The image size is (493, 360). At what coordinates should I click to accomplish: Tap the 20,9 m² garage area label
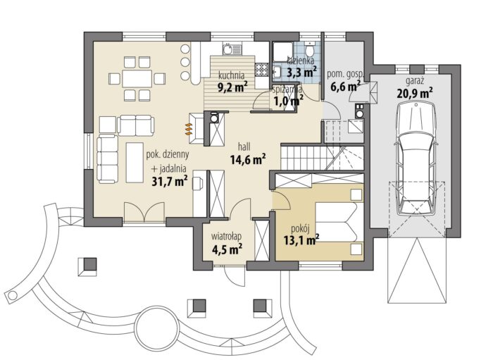[414, 93]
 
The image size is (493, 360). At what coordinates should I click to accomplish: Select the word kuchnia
[232, 75]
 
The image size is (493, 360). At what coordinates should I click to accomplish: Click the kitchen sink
[232, 49]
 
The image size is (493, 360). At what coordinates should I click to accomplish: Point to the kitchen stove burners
[261, 69]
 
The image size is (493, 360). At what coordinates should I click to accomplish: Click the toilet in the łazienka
[310, 50]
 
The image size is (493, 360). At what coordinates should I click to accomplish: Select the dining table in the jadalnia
[137, 79]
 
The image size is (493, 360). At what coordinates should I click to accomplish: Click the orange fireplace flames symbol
[188, 129]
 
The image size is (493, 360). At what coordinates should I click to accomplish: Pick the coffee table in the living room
[135, 162]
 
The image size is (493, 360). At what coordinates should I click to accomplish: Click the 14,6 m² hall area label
[248, 159]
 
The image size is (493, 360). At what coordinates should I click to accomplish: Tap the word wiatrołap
[226, 236]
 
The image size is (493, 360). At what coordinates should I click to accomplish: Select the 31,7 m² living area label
[170, 182]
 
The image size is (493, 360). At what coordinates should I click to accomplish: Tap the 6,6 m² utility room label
[345, 86]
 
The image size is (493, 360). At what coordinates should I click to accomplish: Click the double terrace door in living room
[144, 212]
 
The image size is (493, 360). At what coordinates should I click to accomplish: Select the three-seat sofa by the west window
[108, 159]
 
